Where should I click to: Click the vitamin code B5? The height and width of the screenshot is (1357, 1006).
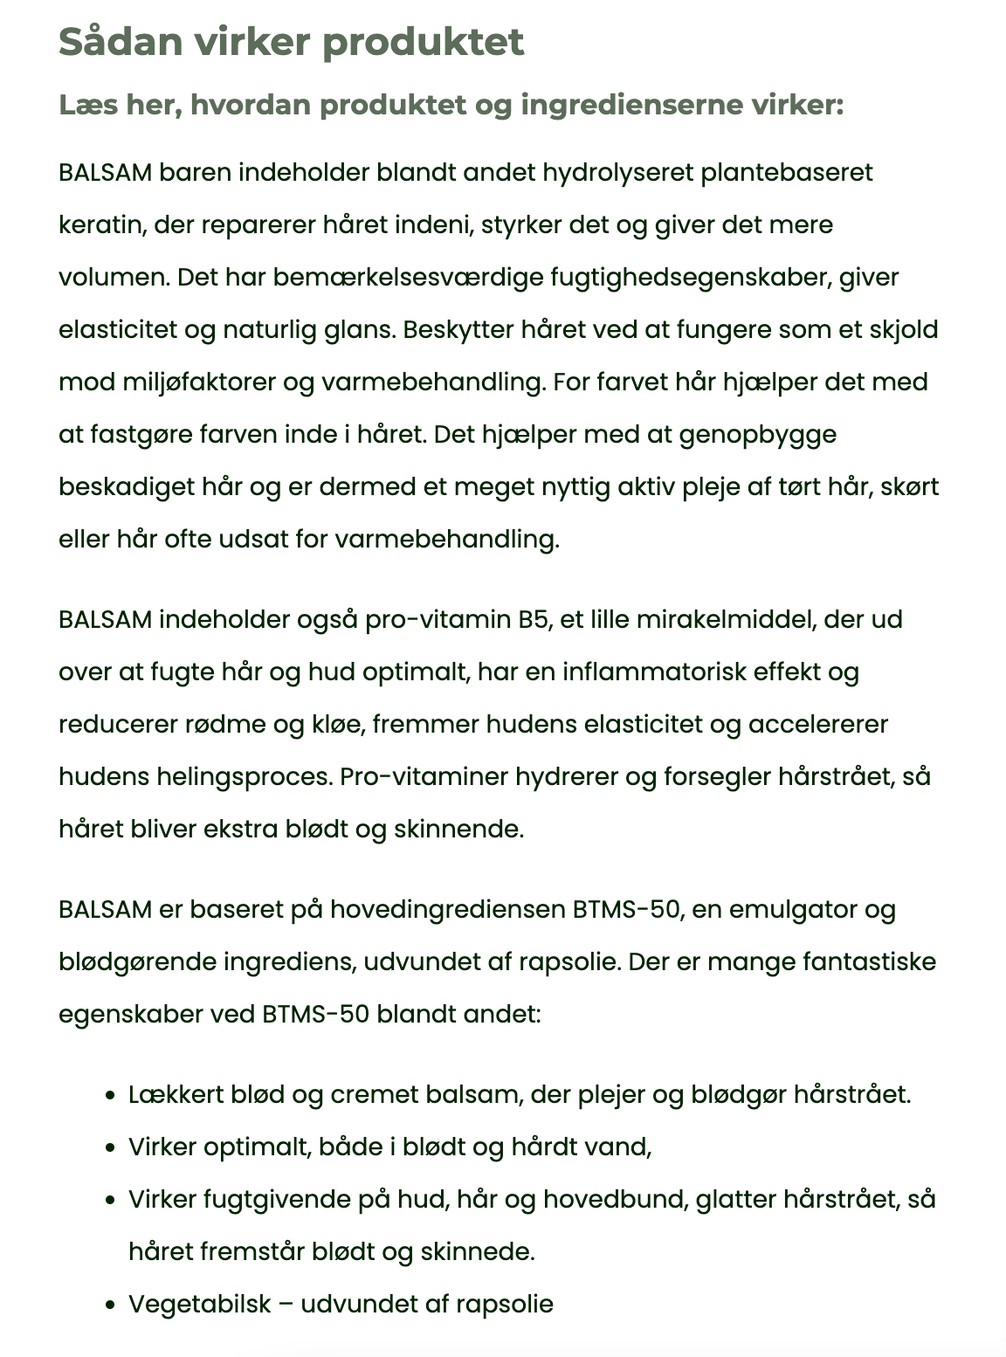(534, 620)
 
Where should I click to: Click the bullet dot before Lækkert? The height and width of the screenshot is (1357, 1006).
(110, 1096)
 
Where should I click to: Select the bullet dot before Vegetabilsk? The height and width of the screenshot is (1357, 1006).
(110, 1305)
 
